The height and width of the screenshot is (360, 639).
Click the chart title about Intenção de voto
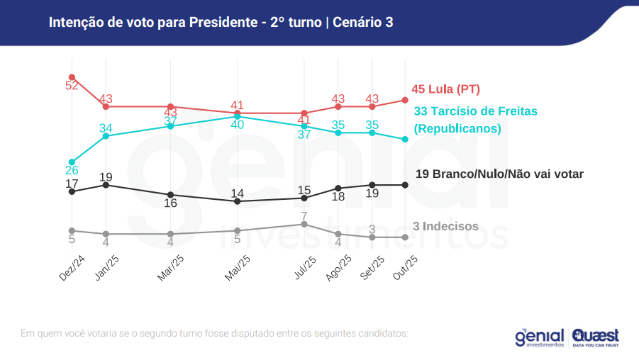[x=221, y=23]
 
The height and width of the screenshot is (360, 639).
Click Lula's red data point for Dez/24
[x=72, y=77]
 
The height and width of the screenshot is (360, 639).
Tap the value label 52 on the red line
[x=72, y=86]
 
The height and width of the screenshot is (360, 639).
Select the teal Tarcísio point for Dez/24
[x=72, y=162]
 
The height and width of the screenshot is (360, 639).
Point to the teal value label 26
[x=72, y=171]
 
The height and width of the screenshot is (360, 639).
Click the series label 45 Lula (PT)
[x=445, y=89]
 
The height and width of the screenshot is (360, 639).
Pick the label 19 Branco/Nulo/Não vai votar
[x=499, y=174]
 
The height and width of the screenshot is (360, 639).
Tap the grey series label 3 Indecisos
[x=445, y=227]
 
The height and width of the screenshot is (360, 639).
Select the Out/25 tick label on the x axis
[x=406, y=269]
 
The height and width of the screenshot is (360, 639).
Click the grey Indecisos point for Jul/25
[x=304, y=224]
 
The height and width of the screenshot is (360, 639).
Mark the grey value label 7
[x=304, y=215]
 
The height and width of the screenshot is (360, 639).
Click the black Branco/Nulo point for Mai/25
[x=238, y=201]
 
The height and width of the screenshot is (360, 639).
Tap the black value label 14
[x=238, y=193]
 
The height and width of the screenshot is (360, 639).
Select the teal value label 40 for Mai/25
[x=238, y=125]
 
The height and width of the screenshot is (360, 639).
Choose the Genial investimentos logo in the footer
[x=540, y=337]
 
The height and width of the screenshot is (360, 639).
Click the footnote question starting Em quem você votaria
[x=215, y=333]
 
